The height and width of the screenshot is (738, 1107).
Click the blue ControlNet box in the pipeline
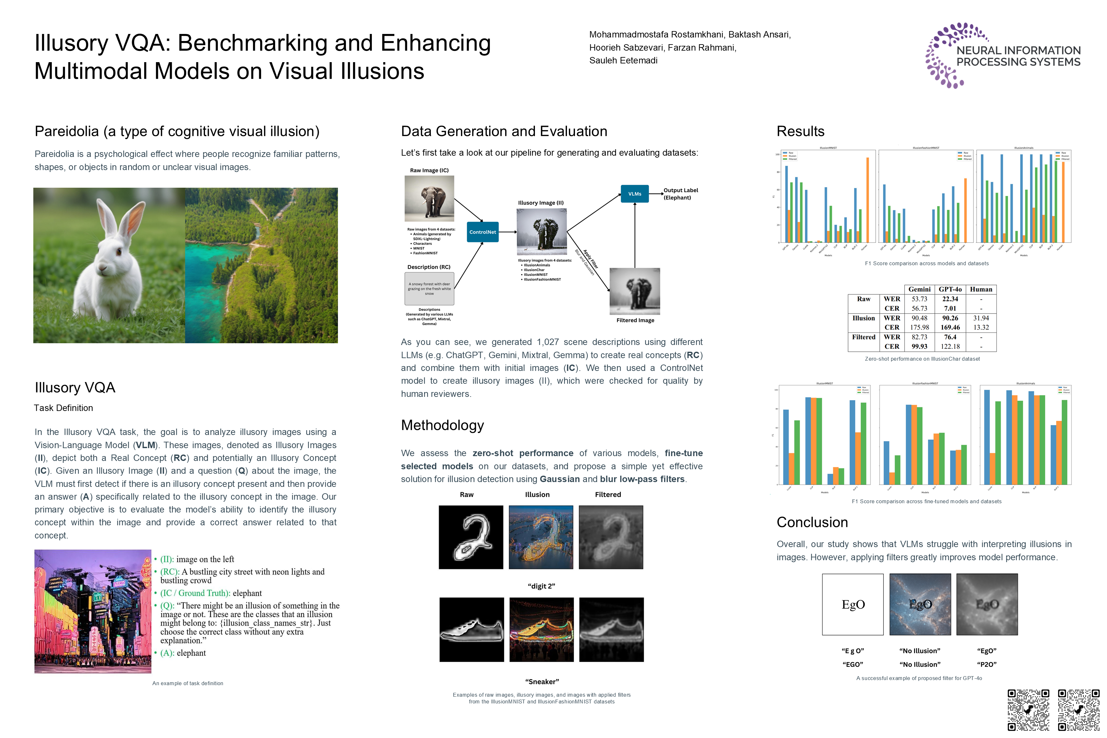pyautogui.click(x=482, y=232)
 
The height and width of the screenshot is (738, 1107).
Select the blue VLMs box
pyautogui.click(x=635, y=194)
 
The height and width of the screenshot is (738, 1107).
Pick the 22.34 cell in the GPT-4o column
pyautogui.click(x=950, y=299)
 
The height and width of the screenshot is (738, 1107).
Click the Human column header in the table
pyautogui.click(x=981, y=290)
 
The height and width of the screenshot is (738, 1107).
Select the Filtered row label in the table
pyautogui.click(x=863, y=337)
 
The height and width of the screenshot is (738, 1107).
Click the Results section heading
pyautogui.click(x=800, y=131)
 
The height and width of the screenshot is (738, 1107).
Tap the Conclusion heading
pyautogui.click(x=812, y=522)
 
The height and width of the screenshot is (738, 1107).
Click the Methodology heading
pyautogui.click(x=442, y=425)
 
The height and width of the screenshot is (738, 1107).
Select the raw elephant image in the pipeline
pyautogui.click(x=429, y=198)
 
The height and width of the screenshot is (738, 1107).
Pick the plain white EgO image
pyautogui.click(x=852, y=604)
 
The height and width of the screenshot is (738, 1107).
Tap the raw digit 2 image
pyautogui.click(x=471, y=537)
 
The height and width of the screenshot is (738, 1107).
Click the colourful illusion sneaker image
pyautogui.click(x=541, y=630)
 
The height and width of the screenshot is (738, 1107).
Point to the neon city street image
pyautogui.click(x=93, y=611)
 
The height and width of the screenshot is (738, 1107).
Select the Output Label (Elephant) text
pyautogui.click(x=680, y=194)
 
